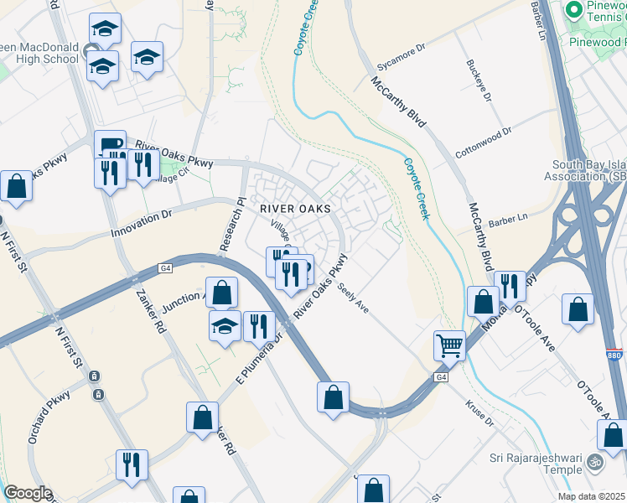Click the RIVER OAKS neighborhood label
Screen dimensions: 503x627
pyautogui.click(x=294, y=208)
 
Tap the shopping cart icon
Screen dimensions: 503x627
pyautogui.click(x=449, y=344)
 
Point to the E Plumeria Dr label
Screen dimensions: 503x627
pyautogui.click(x=258, y=355)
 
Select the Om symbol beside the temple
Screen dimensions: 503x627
pyautogui.click(x=594, y=461)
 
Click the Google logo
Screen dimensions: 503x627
pyautogui.click(x=28, y=492)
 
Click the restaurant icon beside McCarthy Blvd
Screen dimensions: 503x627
pyautogui.click(x=509, y=286)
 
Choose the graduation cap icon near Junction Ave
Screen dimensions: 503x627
pyautogui.click(x=225, y=325)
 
